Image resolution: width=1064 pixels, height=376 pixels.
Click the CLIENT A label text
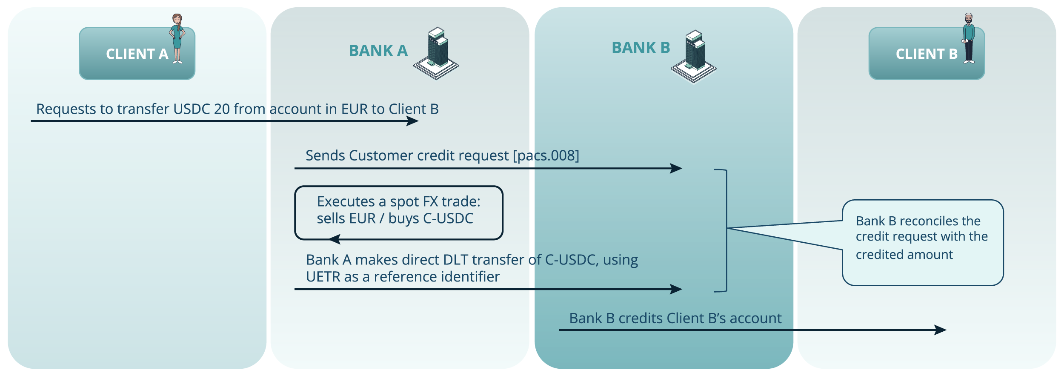coord(137,54)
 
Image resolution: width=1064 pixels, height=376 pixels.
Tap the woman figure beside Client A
coord(177,38)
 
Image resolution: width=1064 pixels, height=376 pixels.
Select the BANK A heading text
coord(378,51)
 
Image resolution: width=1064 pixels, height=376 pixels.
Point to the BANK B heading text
coord(641,48)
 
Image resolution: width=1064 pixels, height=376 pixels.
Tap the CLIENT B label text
coord(926,54)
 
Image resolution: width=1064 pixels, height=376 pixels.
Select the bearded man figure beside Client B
coord(969,38)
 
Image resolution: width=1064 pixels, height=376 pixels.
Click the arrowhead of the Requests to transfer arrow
coord(413,121)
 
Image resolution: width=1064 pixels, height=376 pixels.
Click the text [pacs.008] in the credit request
coord(546,156)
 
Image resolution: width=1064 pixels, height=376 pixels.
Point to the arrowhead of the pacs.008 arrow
coord(676,168)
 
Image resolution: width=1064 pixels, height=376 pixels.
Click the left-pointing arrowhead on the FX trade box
coord(335,239)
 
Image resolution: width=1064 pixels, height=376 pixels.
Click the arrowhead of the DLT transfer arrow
coord(676,289)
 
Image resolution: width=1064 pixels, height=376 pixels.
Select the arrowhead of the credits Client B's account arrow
coord(940,330)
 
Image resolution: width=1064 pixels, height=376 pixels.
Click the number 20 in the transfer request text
coord(222,109)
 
